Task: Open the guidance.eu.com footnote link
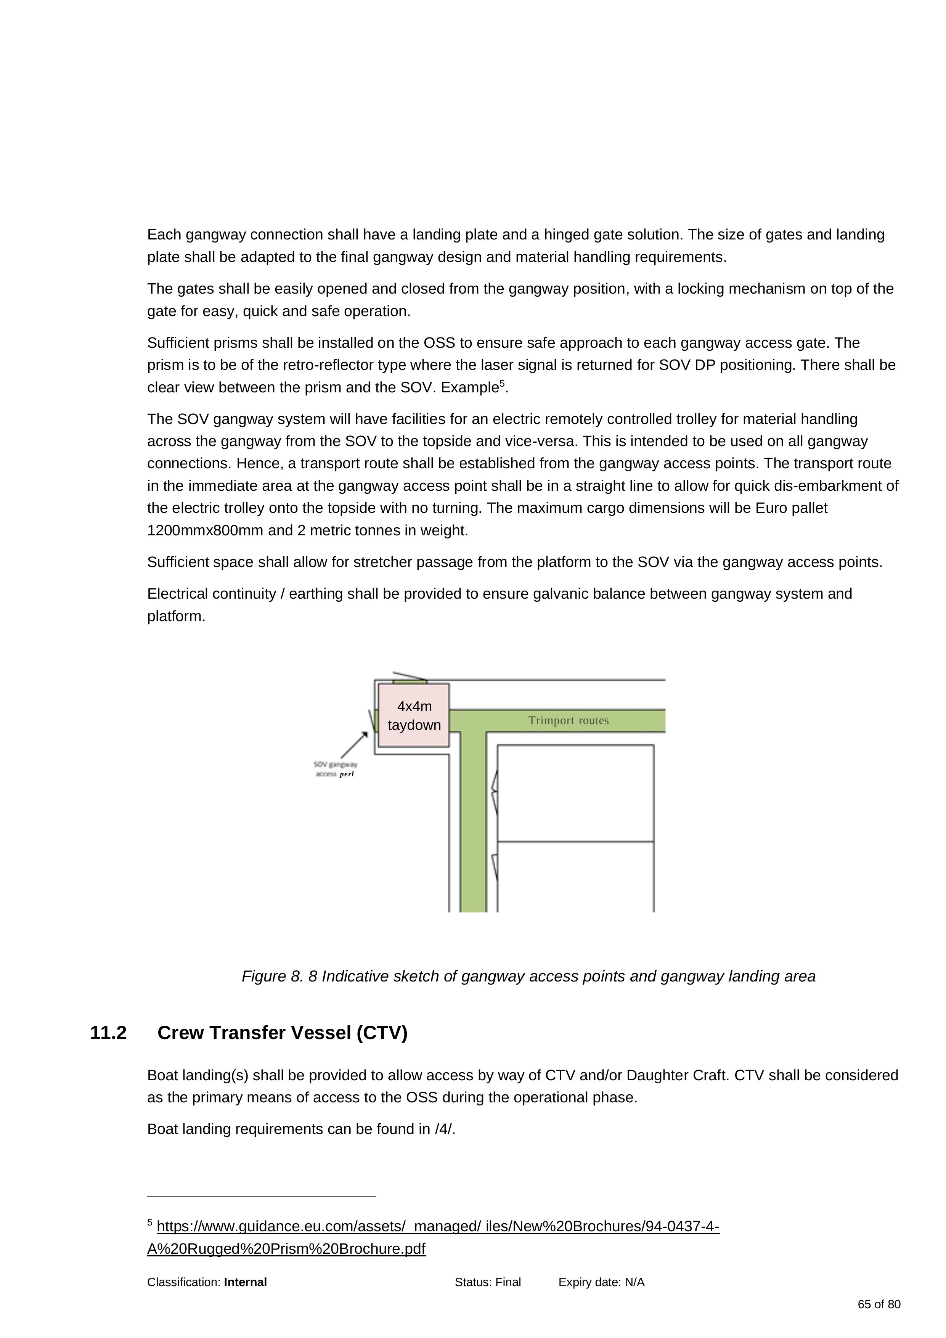click(433, 1237)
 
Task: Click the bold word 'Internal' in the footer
click(246, 1282)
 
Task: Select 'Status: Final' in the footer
click(488, 1282)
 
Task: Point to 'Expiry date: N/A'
click(602, 1282)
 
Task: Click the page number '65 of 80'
click(879, 1304)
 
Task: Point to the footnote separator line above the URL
click(262, 1196)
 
